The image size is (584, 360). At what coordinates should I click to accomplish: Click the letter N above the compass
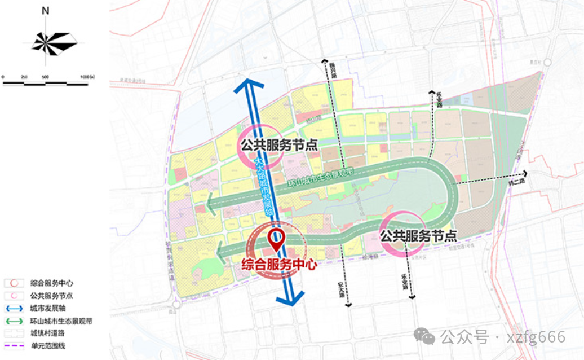[46, 11]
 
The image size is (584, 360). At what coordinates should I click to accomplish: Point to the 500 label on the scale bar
[45, 77]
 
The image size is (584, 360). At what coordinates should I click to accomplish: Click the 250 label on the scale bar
[24, 77]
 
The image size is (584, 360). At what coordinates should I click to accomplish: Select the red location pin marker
[276, 239]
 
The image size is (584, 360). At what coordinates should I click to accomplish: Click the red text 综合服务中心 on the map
[279, 264]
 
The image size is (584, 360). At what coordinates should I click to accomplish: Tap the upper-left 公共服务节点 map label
[278, 144]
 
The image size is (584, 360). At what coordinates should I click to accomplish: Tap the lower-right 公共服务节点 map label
[418, 236]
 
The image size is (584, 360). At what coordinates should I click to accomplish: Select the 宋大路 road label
[341, 289]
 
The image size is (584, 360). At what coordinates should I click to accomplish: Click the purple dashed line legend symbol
[12, 345]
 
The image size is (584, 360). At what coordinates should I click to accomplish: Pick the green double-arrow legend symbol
[12, 321]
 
